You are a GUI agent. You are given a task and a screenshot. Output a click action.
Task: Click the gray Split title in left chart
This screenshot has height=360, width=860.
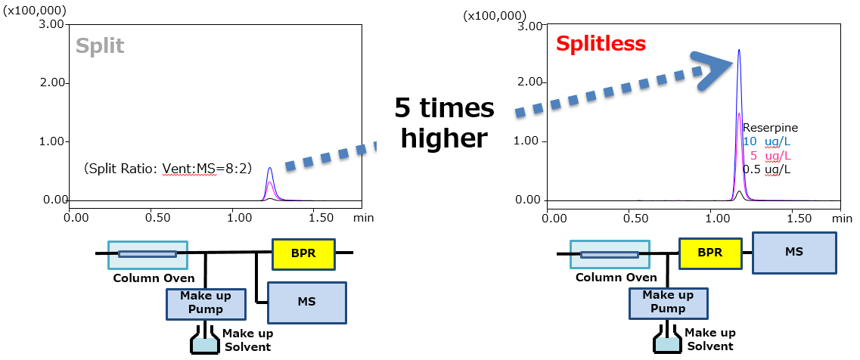click(100, 46)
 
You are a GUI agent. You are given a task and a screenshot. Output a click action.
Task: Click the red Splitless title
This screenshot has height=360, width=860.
click(601, 44)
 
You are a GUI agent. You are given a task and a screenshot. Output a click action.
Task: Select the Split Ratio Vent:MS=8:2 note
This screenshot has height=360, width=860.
click(168, 168)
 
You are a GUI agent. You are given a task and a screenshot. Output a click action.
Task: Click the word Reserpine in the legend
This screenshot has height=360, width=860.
click(770, 128)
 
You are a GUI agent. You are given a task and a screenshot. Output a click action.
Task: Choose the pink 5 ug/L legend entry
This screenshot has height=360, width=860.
click(770, 155)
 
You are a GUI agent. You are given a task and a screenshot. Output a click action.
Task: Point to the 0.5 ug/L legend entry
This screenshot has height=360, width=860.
click(766, 169)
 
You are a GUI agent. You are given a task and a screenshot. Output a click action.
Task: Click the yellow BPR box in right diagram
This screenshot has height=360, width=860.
click(709, 253)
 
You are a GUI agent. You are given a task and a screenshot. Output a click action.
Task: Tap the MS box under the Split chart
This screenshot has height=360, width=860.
click(306, 302)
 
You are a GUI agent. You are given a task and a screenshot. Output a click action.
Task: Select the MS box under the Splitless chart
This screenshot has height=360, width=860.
click(793, 253)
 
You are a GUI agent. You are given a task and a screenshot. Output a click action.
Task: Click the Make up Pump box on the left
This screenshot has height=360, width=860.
click(206, 303)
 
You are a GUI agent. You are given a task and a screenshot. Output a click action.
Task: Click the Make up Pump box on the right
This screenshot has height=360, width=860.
click(668, 302)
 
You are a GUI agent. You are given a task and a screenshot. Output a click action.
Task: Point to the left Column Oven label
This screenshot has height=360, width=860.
click(154, 278)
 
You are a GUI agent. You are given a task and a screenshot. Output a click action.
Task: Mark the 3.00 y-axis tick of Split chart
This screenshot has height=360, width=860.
click(52, 24)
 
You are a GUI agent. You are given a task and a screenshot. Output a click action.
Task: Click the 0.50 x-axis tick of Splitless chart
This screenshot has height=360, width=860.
click(636, 218)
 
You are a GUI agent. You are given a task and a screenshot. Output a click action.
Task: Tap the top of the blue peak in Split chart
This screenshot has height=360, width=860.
click(270, 168)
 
